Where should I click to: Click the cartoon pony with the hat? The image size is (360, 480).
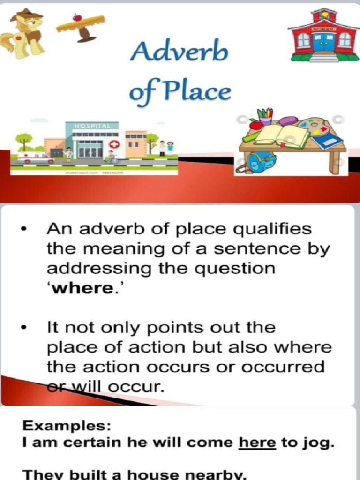point(24,34)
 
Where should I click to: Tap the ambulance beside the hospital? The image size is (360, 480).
point(35,157)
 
